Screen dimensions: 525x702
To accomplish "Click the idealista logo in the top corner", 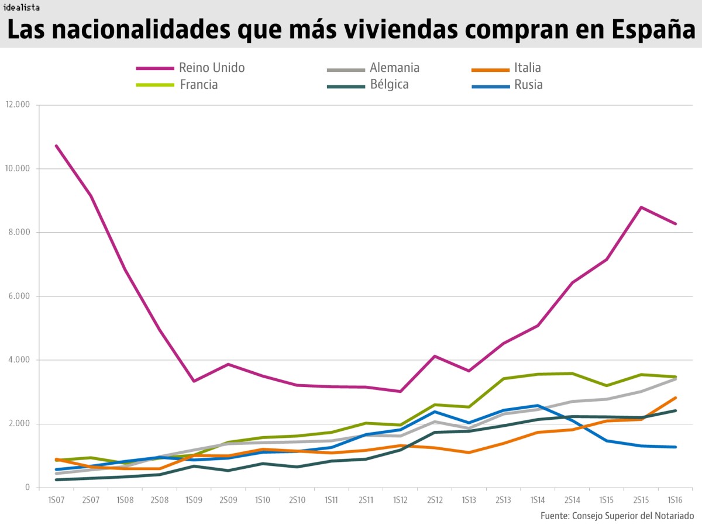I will pyautogui.click(x=22, y=7).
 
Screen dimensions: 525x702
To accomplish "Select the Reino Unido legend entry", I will pyautogui.click(x=212, y=68).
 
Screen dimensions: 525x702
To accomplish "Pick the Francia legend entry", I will pyautogui.click(x=199, y=85).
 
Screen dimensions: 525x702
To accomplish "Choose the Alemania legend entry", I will pyautogui.click(x=394, y=68).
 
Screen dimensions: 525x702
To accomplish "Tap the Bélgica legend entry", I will pyautogui.click(x=389, y=85).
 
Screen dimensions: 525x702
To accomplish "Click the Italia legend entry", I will pyautogui.click(x=528, y=68).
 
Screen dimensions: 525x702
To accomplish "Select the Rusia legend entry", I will pyautogui.click(x=528, y=85).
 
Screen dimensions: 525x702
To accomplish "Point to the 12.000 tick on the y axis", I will pyautogui.click(x=17, y=105).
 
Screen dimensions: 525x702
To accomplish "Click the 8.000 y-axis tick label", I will pyautogui.click(x=17, y=233).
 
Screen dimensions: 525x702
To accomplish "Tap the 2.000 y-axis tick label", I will pyautogui.click(x=17, y=424).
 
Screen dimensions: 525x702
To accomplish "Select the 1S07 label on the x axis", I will pyautogui.click(x=56, y=501).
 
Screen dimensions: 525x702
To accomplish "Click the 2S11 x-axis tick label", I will pyautogui.click(x=366, y=501).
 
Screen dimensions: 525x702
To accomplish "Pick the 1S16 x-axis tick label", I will pyautogui.click(x=676, y=501).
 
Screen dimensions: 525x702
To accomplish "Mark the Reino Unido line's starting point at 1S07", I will pyautogui.click(x=56, y=146).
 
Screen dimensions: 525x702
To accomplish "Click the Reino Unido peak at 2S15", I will pyautogui.click(x=641, y=207).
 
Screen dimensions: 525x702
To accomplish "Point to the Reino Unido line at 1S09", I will pyautogui.click(x=194, y=381).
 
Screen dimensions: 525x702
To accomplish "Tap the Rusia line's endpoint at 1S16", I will pyautogui.click(x=676, y=447).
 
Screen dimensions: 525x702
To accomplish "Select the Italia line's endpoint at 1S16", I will pyautogui.click(x=676, y=398).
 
